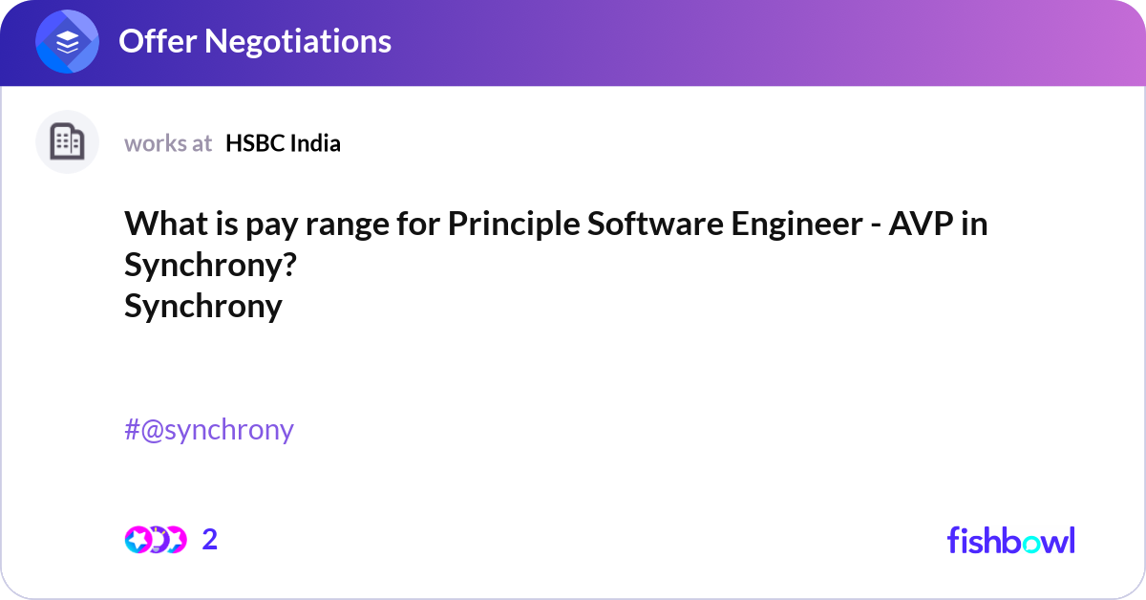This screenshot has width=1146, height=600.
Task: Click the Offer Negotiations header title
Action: click(x=254, y=41)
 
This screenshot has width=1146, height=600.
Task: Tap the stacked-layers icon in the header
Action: click(x=67, y=42)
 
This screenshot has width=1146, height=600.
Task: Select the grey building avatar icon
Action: click(x=67, y=142)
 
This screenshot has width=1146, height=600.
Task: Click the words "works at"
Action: click(x=168, y=143)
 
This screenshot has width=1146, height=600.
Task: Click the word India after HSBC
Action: click(x=316, y=143)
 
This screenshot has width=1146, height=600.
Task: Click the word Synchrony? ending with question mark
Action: click(x=209, y=267)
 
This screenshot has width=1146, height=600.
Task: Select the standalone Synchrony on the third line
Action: click(x=203, y=307)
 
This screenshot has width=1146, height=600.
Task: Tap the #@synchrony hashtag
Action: click(x=209, y=430)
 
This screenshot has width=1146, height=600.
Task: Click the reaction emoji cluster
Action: click(x=156, y=540)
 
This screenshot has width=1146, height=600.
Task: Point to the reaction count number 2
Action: click(x=210, y=540)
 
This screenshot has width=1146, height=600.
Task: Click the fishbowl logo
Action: click(x=1010, y=540)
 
